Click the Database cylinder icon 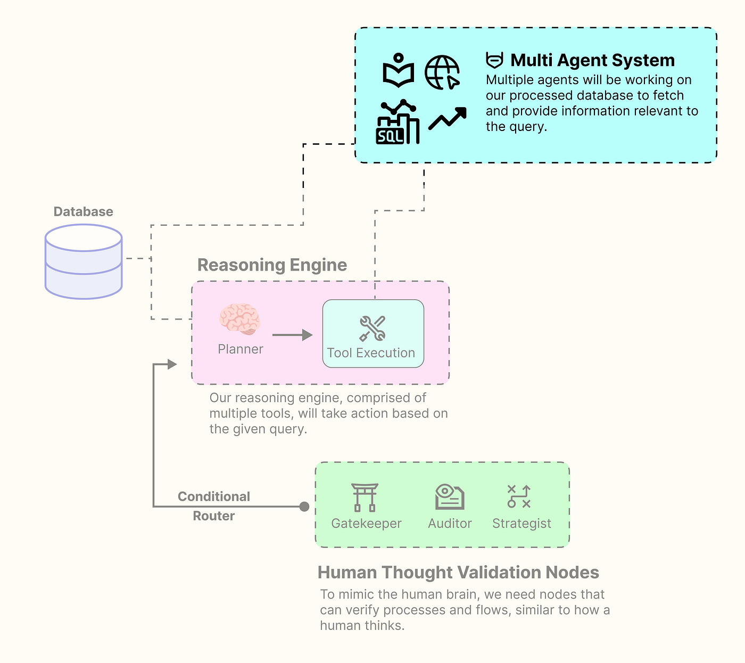click(84, 261)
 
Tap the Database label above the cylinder click(83, 211)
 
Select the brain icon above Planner click(240, 320)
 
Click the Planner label click(240, 349)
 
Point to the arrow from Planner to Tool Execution click(292, 335)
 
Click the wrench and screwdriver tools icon click(372, 328)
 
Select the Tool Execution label click(371, 353)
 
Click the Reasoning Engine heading click(272, 265)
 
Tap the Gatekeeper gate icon click(365, 497)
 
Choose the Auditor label click(450, 523)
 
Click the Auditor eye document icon click(450, 497)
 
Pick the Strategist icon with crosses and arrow click(519, 497)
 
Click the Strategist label click(521, 523)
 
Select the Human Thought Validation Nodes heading click(458, 572)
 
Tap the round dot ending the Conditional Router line click(304, 506)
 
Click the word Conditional click(213, 496)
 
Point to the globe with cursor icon click(442, 72)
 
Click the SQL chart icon click(398, 121)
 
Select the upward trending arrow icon click(448, 118)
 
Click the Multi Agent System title click(592, 60)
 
